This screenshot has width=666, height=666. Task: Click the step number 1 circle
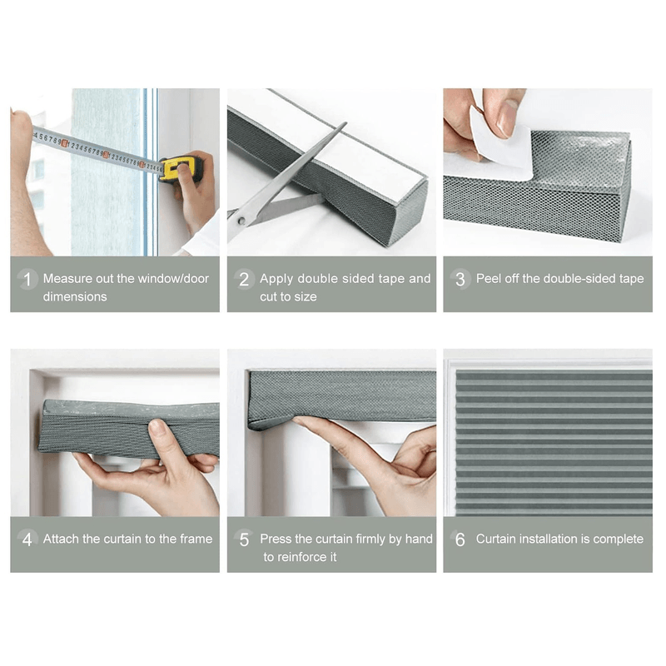click(x=27, y=279)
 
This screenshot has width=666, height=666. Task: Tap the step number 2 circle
click(x=244, y=279)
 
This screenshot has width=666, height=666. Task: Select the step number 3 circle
click(x=460, y=279)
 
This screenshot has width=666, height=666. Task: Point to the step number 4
click(x=27, y=539)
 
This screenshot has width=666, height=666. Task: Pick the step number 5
click(x=244, y=539)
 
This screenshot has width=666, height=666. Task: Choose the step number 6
click(x=460, y=539)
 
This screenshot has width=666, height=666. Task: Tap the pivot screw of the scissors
click(x=241, y=221)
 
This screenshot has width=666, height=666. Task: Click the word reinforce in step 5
click(x=301, y=557)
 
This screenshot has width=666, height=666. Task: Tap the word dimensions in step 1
click(x=75, y=296)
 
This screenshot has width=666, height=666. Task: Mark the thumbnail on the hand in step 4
click(x=157, y=426)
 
